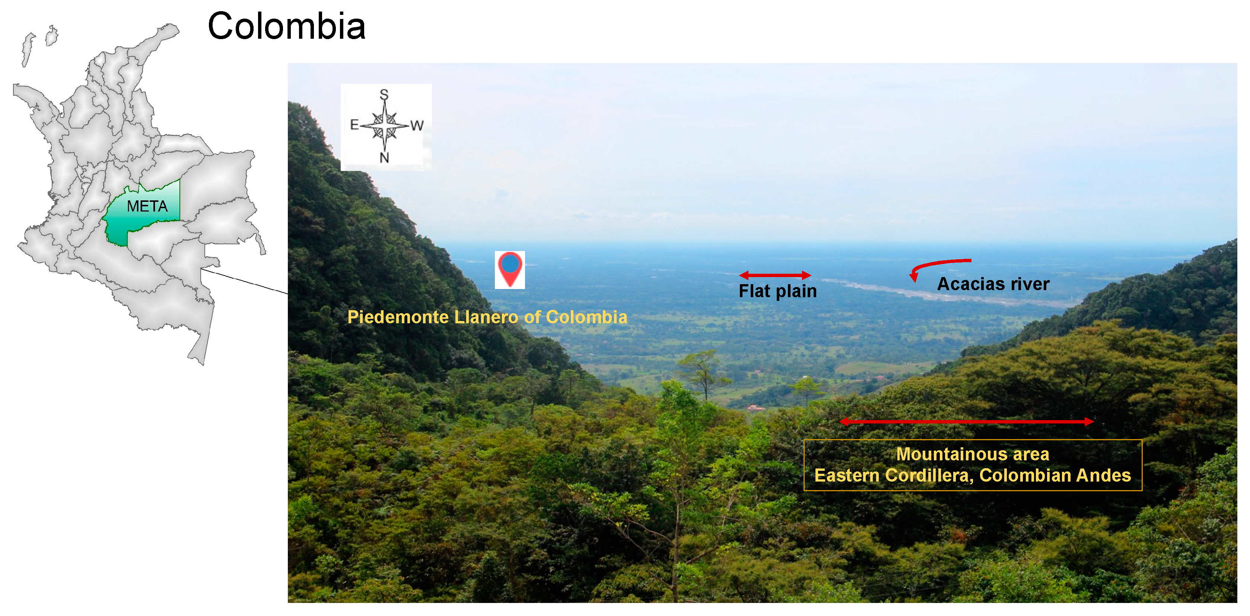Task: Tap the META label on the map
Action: (147, 206)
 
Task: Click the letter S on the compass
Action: (384, 94)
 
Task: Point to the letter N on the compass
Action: (384, 157)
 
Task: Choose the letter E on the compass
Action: (354, 125)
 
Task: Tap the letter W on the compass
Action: (417, 126)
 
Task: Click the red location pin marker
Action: (509, 269)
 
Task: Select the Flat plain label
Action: (777, 291)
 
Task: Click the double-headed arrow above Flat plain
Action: (775, 275)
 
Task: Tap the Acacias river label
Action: (993, 284)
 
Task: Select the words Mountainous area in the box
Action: (973, 454)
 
